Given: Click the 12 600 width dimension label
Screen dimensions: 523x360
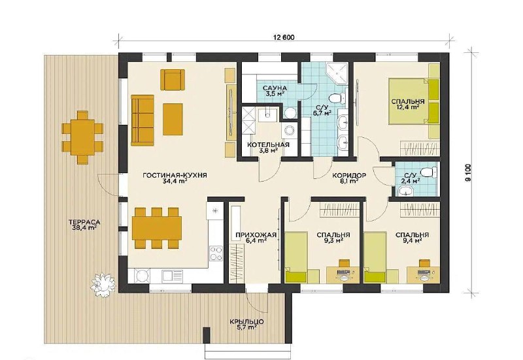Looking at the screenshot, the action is [x=284, y=37].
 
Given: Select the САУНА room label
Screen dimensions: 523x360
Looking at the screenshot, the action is [x=275, y=88].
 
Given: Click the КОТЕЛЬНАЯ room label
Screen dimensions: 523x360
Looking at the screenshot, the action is [x=268, y=145].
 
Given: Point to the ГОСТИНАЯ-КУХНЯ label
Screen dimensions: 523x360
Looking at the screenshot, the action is [x=175, y=176].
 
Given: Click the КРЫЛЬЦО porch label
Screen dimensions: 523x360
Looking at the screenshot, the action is [x=247, y=322].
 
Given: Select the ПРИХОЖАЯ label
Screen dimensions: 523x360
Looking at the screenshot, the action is [x=256, y=235].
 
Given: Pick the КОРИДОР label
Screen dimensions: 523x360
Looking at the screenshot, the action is [x=349, y=175].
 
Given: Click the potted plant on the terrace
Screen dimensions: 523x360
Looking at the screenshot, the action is [x=103, y=282].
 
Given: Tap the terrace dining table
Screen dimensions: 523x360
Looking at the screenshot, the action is [x=83, y=137].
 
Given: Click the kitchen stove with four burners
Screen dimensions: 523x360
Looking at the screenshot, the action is [x=216, y=253].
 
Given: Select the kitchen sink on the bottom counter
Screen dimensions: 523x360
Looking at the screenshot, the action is [x=173, y=276].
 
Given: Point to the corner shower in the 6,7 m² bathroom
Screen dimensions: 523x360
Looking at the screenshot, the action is [x=337, y=73].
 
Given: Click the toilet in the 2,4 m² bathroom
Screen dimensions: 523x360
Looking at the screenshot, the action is [x=429, y=172].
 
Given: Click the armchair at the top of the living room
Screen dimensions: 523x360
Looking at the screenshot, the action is [x=173, y=79].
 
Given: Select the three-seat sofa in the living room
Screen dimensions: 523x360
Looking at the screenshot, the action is [x=143, y=120].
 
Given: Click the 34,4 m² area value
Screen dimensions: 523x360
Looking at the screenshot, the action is [x=175, y=182].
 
